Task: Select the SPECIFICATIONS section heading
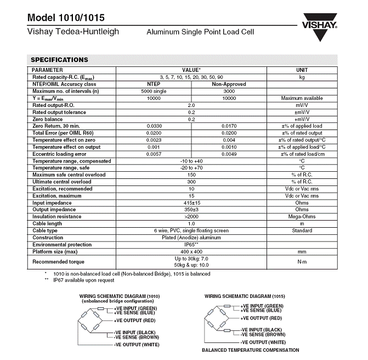pos(59,59)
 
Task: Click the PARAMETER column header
pos(48,70)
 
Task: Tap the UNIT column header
pos(302,70)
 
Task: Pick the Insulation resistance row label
pos(56,217)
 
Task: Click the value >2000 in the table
pos(191,217)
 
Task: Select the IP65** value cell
pos(191,244)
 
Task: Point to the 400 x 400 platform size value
pos(191,251)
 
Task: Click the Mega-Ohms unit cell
pos(302,217)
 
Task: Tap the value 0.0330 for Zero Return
pos(154,126)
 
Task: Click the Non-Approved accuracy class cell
pos(229,84)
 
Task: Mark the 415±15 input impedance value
pos(191,203)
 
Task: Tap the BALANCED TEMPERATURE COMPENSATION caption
pos(251,350)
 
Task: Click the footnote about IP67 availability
pos(83,280)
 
